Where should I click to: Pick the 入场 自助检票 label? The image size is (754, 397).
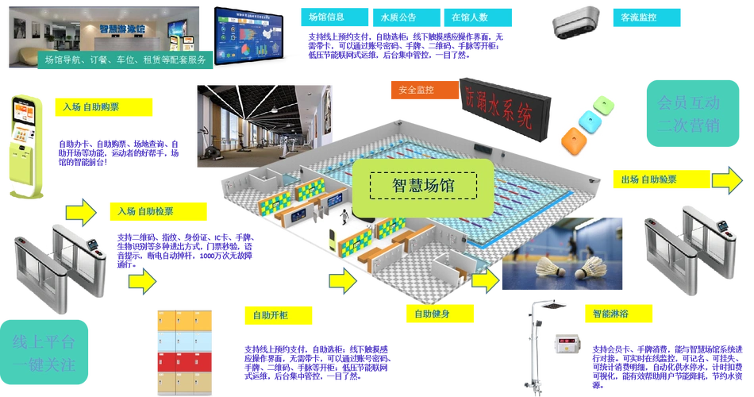(158, 211)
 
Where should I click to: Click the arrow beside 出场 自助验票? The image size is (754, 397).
(727, 179)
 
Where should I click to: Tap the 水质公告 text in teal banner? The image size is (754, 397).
(398, 17)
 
